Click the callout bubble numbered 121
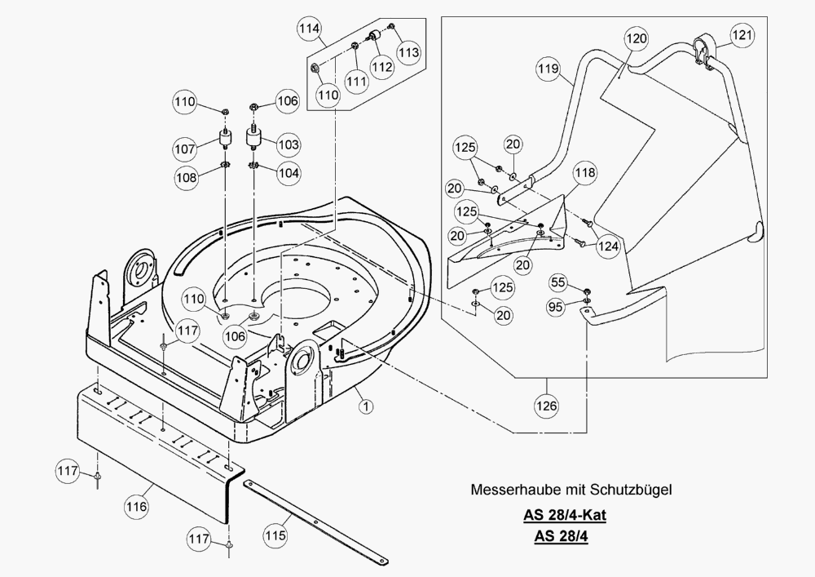coord(742,35)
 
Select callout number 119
coord(548,71)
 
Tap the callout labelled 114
coord(309,29)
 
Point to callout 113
coord(408,51)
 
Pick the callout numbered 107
coord(184,150)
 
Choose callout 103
coord(289,144)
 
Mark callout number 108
coord(184,176)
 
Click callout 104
coord(289,173)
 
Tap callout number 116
coord(137,507)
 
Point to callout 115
coord(275,535)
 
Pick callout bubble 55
coord(557,282)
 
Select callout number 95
coord(557,307)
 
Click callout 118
coord(584,173)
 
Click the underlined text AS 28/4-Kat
coord(565,516)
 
